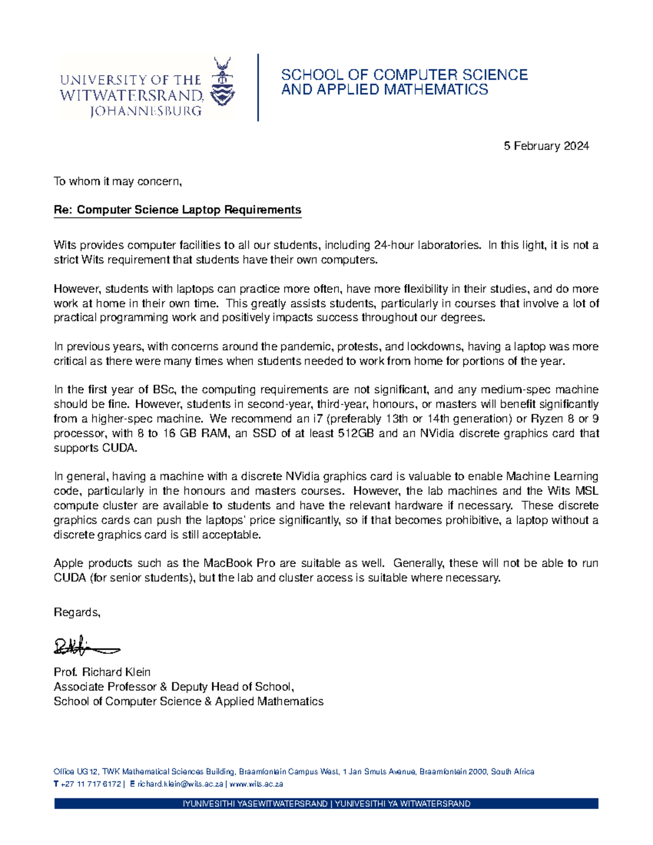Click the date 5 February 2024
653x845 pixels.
click(x=546, y=146)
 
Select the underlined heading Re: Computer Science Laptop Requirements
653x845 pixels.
click(x=177, y=210)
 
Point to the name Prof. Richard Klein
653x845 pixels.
click(x=102, y=672)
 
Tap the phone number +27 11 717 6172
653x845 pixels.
click(x=90, y=784)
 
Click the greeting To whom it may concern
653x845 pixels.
click(x=117, y=181)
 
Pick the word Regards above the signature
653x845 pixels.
click(x=77, y=613)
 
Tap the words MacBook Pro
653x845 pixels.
click(x=239, y=563)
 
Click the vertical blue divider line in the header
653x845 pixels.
click(x=257, y=87)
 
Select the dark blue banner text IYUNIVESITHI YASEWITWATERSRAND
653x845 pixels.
click(x=256, y=804)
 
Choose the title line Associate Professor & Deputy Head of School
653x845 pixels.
click(x=174, y=687)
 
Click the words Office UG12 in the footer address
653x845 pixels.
click(x=76, y=772)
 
